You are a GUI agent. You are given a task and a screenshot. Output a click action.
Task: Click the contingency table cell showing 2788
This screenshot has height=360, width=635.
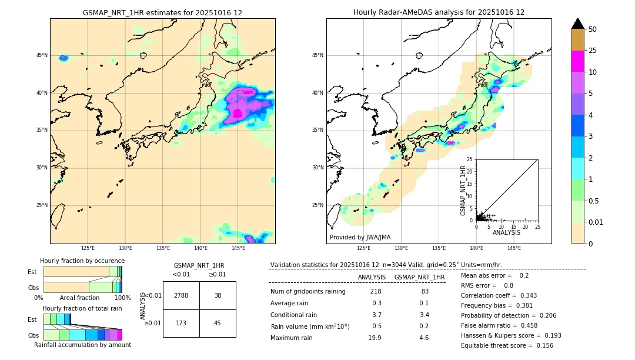pos(181,295)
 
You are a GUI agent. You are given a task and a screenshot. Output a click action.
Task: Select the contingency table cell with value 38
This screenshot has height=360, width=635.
pos(218,295)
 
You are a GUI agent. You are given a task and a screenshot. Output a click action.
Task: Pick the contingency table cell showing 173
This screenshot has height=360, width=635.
pos(181,323)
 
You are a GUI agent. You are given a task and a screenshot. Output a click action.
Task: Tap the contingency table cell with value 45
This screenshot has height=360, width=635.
pos(218,323)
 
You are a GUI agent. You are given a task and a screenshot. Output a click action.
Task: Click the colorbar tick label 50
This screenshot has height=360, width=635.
pos(593,29)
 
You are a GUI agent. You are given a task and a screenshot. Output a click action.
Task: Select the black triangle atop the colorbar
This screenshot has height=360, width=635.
pos(578,24)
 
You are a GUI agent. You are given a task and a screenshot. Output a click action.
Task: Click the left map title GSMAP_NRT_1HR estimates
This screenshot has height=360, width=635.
pos(162,12)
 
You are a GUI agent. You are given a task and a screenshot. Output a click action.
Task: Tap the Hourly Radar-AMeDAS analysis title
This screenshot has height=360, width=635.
pos(439,12)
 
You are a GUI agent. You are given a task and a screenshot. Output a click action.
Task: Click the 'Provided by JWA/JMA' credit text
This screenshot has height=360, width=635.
pos(360,237)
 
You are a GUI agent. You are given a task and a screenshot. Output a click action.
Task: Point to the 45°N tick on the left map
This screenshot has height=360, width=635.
pos(42,55)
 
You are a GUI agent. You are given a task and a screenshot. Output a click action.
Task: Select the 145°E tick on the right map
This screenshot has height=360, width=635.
pos(514,248)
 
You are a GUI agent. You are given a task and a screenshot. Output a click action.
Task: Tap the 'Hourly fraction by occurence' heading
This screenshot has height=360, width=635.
pos(82,261)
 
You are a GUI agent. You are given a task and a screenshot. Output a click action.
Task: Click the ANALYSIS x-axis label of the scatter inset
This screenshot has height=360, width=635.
pos(506,232)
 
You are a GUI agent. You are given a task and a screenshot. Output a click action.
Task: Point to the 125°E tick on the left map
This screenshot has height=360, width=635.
pos(88,248)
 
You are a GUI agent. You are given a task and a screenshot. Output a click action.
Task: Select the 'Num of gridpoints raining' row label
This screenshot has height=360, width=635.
pos(308,292)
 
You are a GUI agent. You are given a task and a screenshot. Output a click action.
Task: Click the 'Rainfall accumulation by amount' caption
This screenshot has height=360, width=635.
pos(82,345)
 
